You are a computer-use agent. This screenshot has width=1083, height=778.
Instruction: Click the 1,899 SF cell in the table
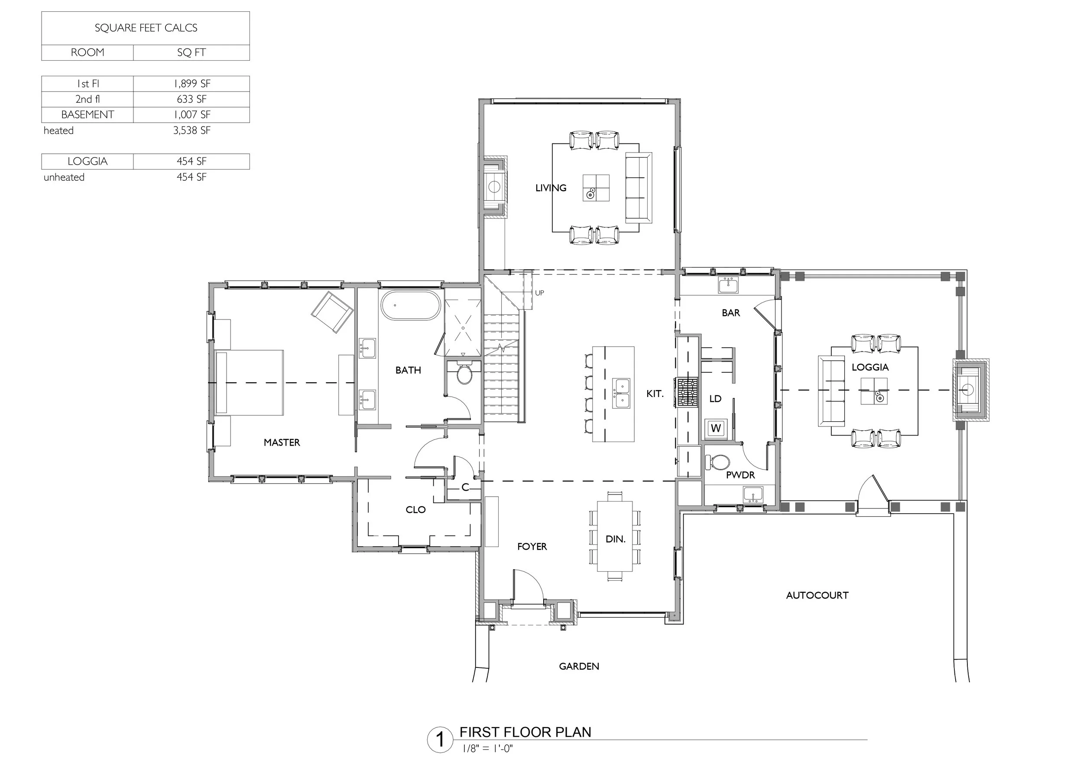pyautogui.click(x=191, y=84)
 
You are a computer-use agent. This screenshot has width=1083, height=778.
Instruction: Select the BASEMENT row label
pyautogui.click(x=88, y=115)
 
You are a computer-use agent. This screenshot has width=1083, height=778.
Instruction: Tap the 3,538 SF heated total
pyautogui.click(x=191, y=130)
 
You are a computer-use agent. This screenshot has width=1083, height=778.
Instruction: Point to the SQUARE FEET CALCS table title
pyautogui.click(x=146, y=28)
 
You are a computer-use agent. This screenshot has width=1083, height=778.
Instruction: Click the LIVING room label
pyautogui.click(x=551, y=188)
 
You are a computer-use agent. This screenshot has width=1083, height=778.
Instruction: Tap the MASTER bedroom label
pyautogui.click(x=282, y=443)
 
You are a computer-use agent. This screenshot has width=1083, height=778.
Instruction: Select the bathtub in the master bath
pyautogui.click(x=410, y=305)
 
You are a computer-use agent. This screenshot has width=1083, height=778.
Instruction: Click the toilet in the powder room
pyautogui.click(x=718, y=462)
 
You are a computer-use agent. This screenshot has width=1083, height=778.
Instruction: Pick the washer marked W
pyautogui.click(x=715, y=428)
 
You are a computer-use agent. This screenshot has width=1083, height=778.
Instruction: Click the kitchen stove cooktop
pyautogui.click(x=686, y=392)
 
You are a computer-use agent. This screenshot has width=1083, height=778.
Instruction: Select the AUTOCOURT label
pyautogui.click(x=817, y=596)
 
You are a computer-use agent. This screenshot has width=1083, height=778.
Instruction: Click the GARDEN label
pyautogui.click(x=579, y=666)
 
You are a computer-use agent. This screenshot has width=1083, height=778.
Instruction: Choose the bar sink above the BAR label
pyautogui.click(x=728, y=285)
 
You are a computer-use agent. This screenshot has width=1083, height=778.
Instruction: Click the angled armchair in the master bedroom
pyautogui.click(x=332, y=312)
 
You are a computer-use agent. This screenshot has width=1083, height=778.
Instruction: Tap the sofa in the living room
pyautogui.click(x=639, y=188)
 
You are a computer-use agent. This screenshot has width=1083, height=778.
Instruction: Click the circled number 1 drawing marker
pyautogui.click(x=440, y=740)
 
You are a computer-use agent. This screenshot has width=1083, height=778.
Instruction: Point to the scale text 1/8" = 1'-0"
pyautogui.click(x=487, y=749)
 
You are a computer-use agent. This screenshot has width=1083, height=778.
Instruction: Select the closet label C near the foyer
pyautogui.click(x=465, y=488)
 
